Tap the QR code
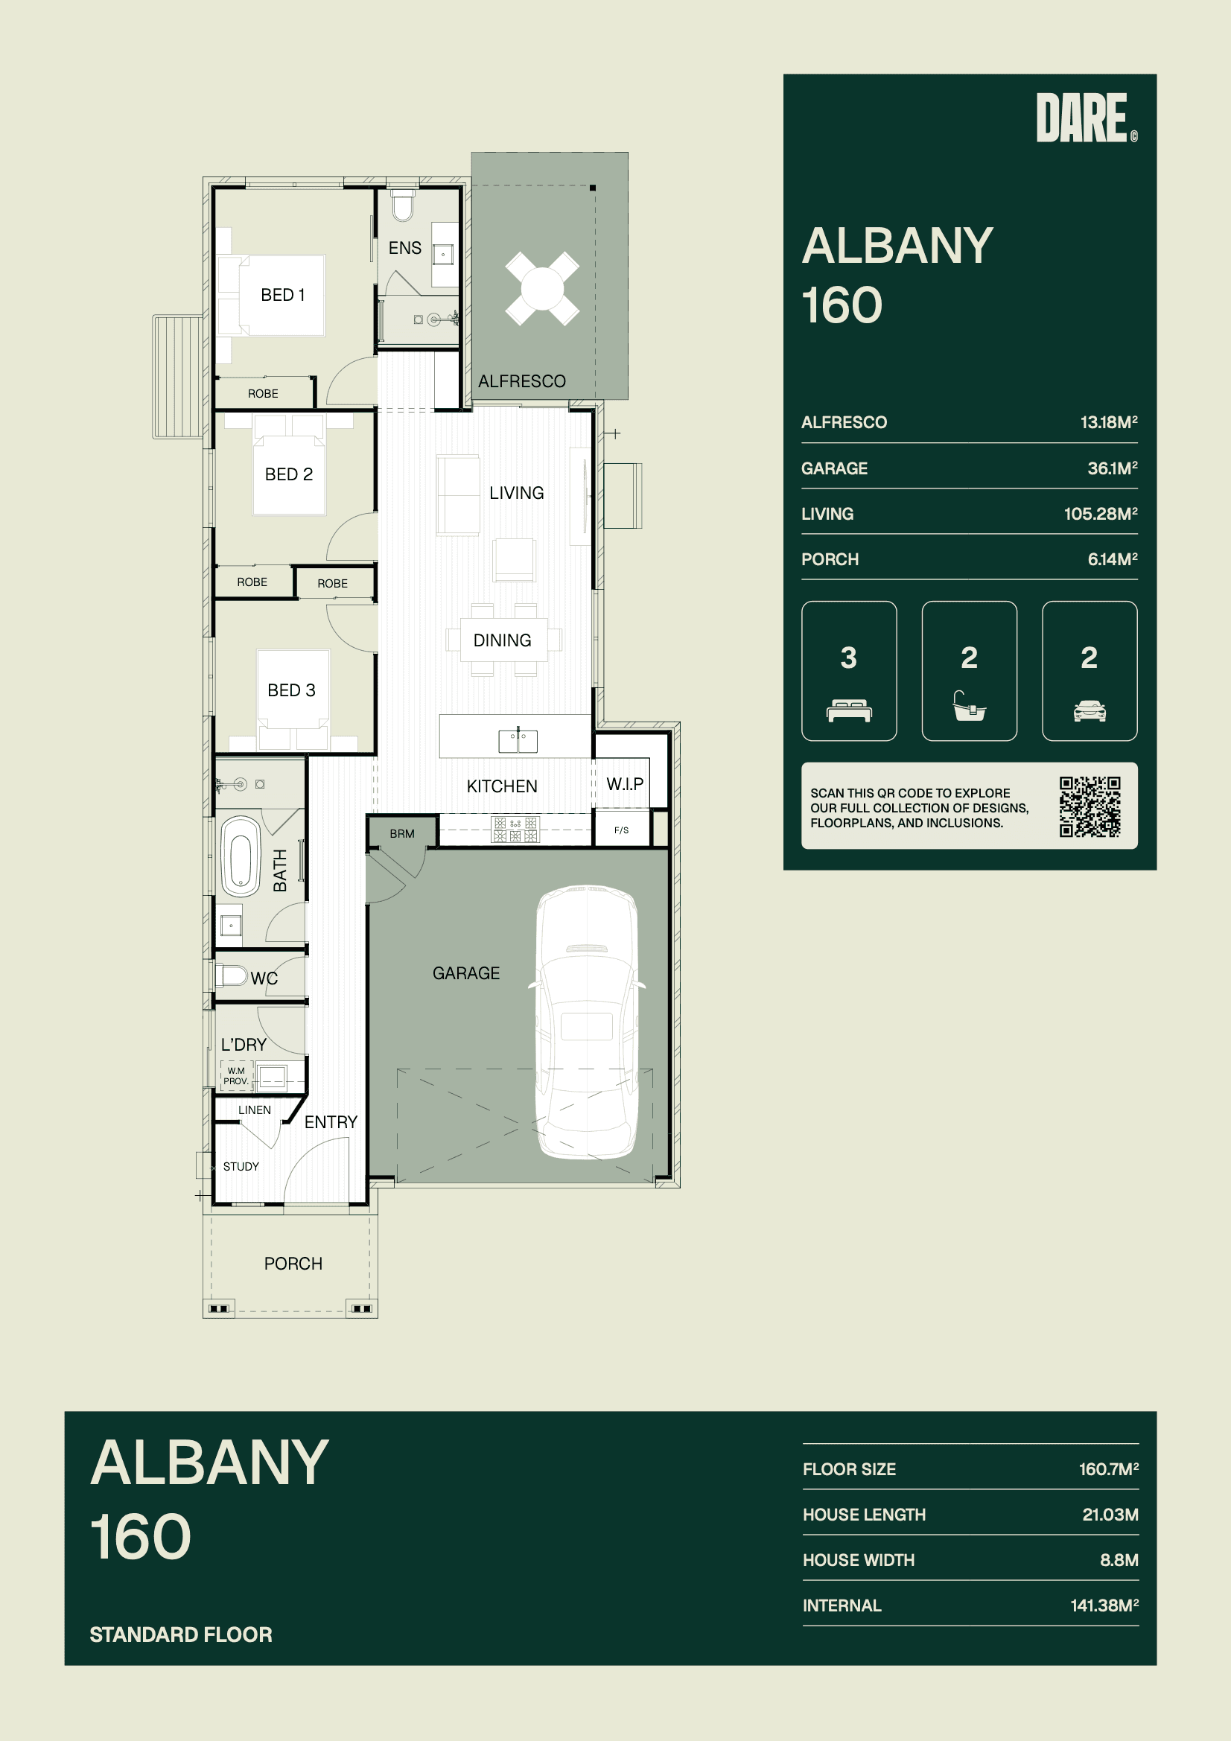click(1090, 806)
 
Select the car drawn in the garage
click(587, 1022)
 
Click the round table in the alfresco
click(542, 289)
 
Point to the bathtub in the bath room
click(241, 857)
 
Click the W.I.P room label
click(625, 784)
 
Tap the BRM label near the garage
click(402, 834)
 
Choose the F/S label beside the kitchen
click(621, 830)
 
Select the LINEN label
click(254, 1110)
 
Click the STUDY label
click(241, 1166)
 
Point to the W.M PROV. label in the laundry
click(236, 1076)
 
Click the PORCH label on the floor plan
click(293, 1263)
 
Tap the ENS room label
click(405, 248)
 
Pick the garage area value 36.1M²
click(1112, 468)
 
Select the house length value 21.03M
click(1110, 1515)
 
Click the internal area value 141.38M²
click(1104, 1605)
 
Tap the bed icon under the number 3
click(849, 711)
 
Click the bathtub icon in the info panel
click(970, 706)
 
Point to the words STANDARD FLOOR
click(180, 1635)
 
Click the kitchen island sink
click(518, 741)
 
